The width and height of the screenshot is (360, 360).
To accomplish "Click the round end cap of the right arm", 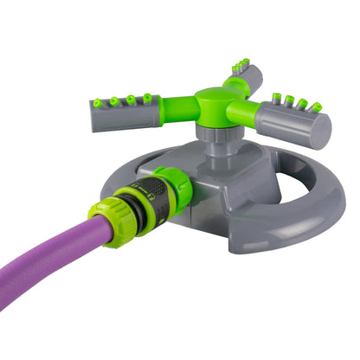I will point(319,131).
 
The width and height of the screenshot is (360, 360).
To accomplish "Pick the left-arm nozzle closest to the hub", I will point(148,98).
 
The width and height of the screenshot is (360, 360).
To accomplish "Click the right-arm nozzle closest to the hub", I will point(275,97).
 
